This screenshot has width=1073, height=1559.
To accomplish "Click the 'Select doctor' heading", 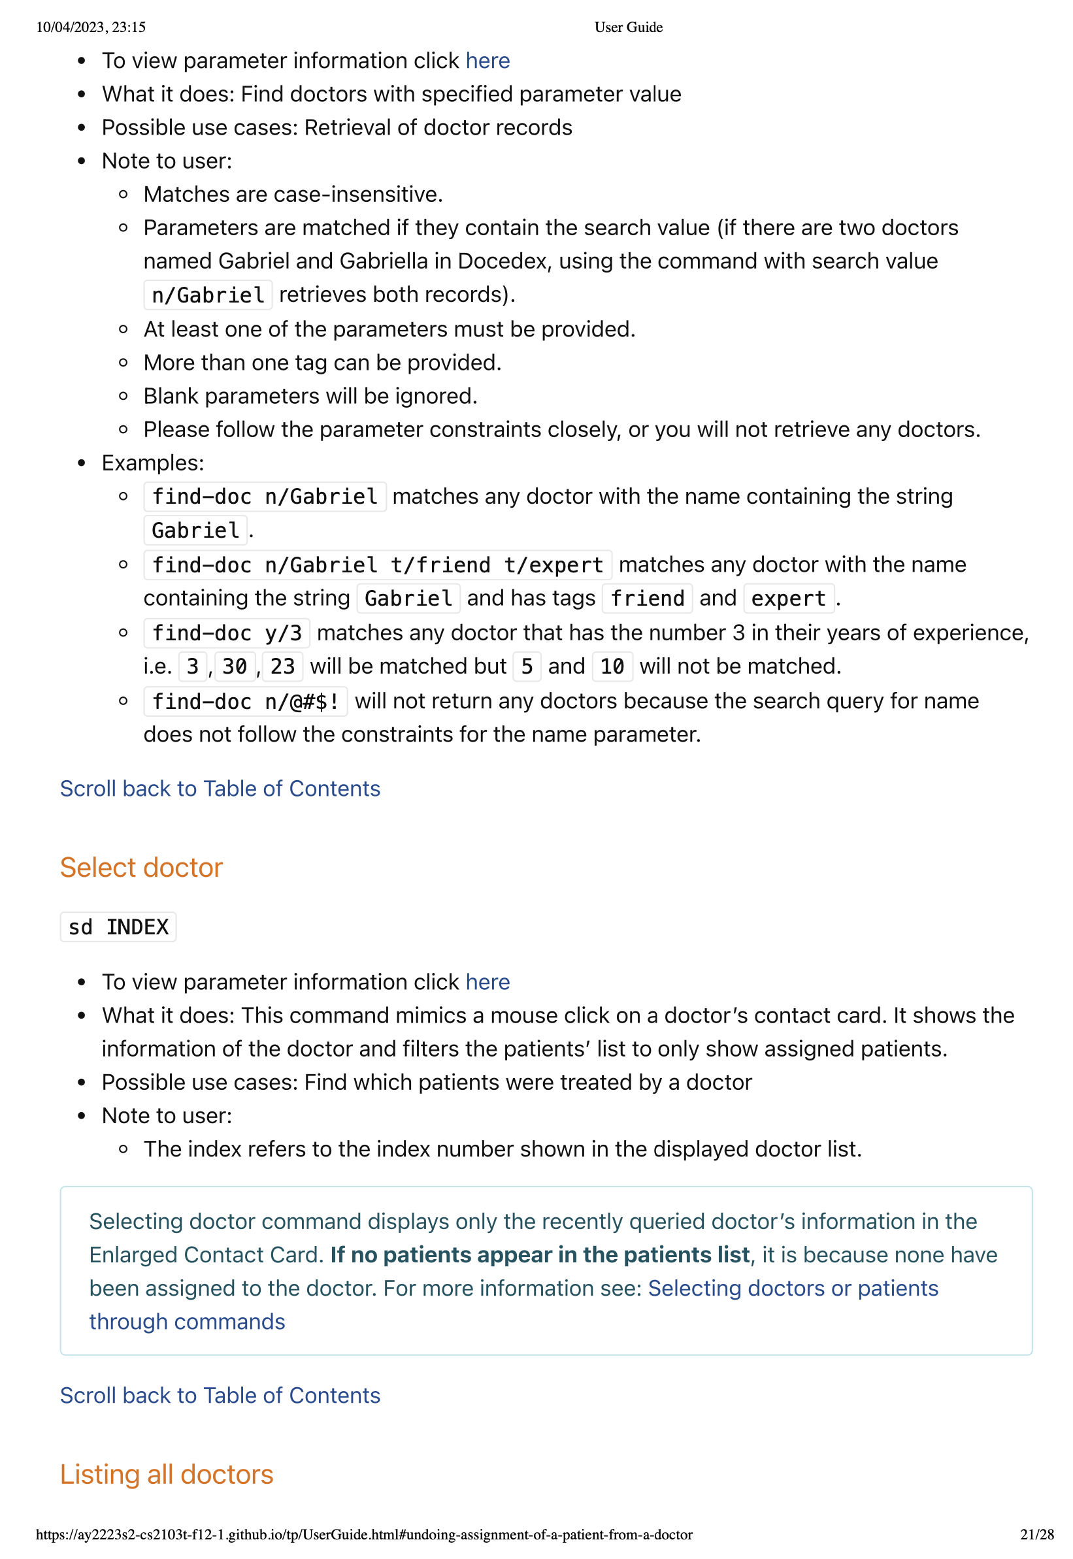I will point(141,868).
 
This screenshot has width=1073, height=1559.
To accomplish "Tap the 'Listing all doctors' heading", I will point(167,1475).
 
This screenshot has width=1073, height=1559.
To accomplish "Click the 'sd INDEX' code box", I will point(118,928).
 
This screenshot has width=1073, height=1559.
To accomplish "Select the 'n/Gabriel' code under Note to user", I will point(208,295).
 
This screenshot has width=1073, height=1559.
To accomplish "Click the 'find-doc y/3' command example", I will point(227,633).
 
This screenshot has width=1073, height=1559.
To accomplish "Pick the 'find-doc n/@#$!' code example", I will point(246,702).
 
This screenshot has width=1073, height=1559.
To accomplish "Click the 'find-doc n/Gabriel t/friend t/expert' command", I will point(377,565).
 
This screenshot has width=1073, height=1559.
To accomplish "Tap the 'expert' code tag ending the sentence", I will point(789,599).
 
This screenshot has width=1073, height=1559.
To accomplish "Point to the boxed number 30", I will point(235,667).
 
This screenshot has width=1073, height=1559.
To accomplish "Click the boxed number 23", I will point(282,667).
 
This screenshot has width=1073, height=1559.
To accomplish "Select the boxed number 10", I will point(612,667).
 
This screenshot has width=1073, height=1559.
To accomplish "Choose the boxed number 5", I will point(527,667).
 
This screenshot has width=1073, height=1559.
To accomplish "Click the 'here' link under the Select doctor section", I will point(487,983).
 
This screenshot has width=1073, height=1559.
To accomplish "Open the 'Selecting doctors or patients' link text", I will point(793,1288).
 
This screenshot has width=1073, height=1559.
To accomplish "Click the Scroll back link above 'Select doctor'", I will point(220,789).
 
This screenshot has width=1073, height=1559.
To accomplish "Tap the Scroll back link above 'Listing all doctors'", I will point(220,1396).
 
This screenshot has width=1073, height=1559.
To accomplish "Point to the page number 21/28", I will point(1036,1535).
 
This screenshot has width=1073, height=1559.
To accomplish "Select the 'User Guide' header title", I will point(628,27).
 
